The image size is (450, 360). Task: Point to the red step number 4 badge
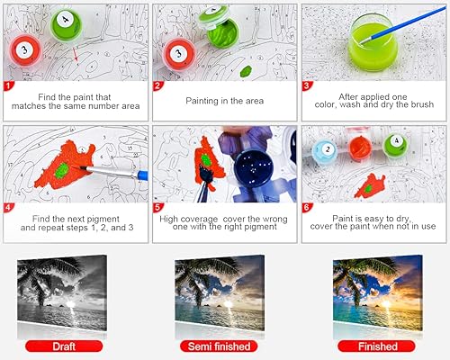coord(9,206)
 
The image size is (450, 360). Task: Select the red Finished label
coord(376,345)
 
